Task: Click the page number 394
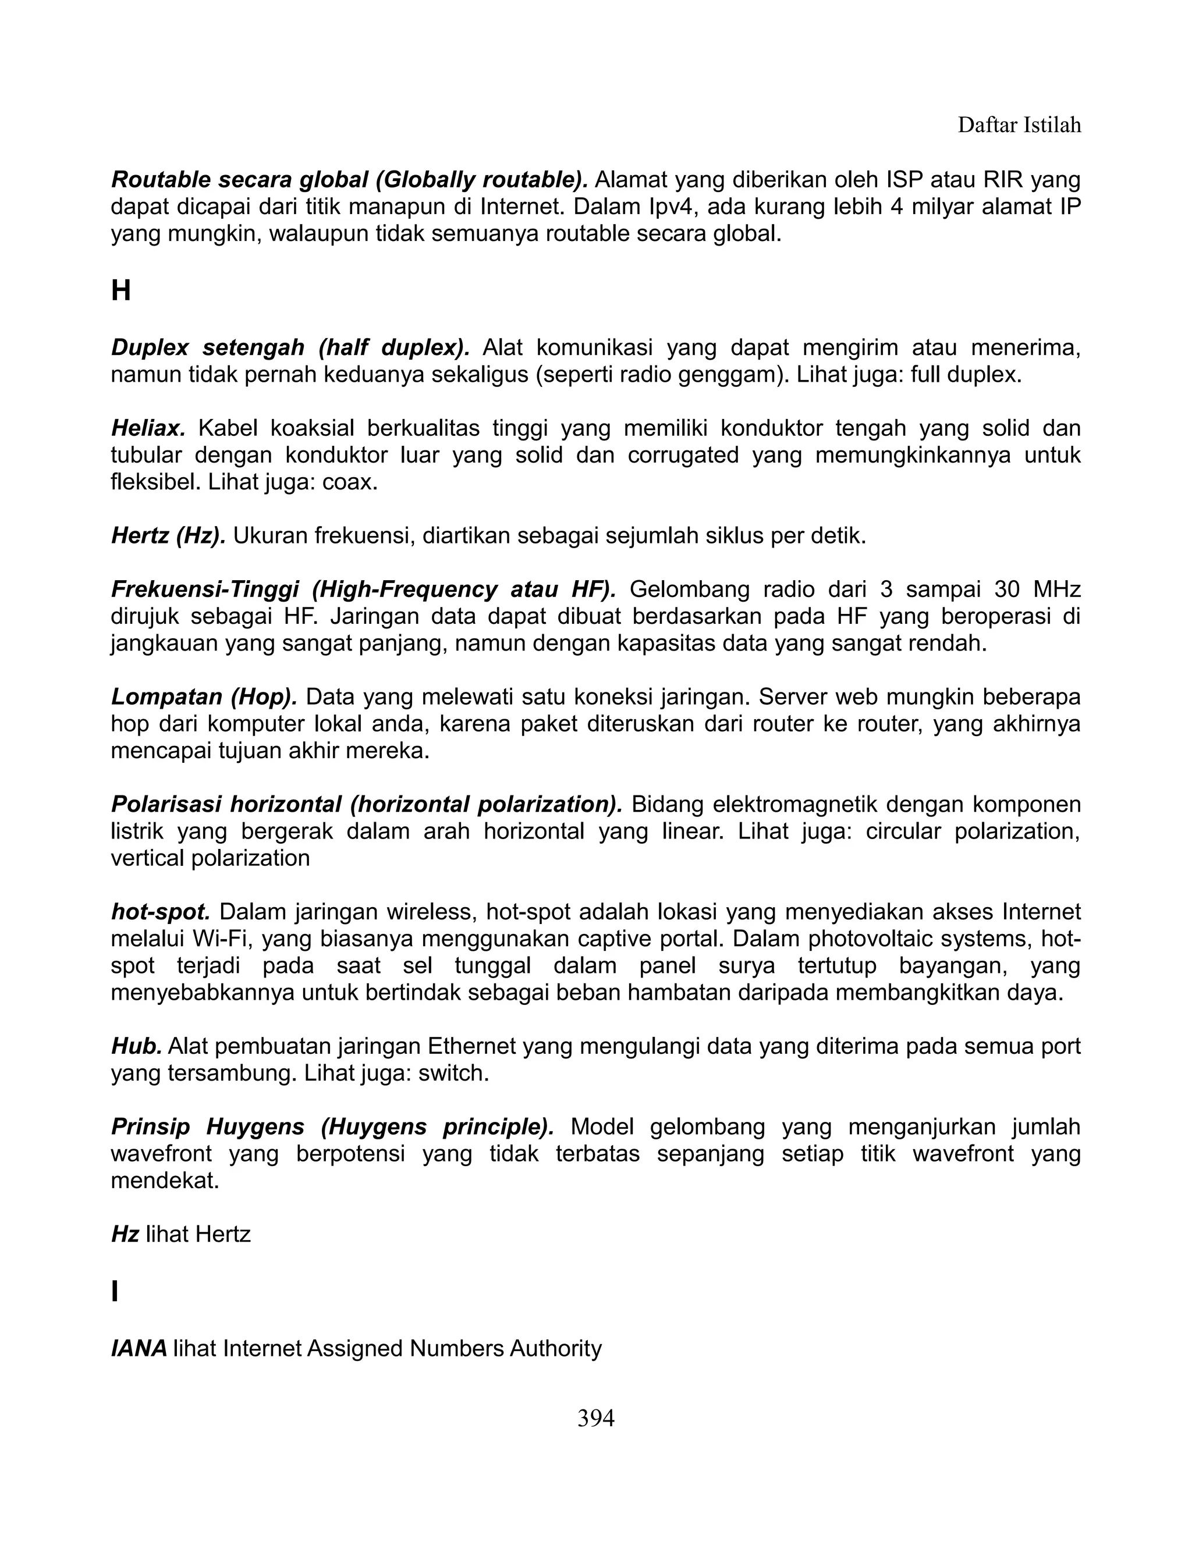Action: pyautogui.click(x=595, y=1417)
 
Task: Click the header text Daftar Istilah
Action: pyautogui.click(x=1019, y=125)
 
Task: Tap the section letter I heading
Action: pyautogui.click(x=115, y=1291)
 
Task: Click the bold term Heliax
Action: pyautogui.click(x=148, y=428)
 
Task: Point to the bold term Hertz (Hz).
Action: pyautogui.click(x=168, y=536)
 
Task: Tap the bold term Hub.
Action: pyautogui.click(x=136, y=1046)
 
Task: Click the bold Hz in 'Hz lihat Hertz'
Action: pyautogui.click(x=125, y=1234)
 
